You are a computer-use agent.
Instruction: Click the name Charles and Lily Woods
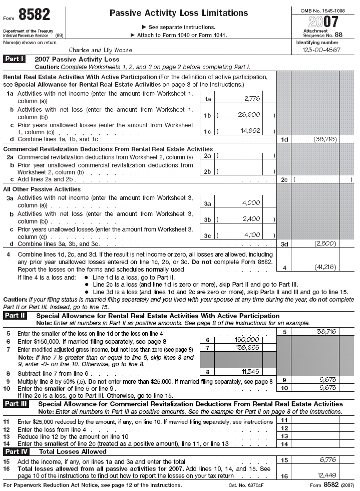(x=100, y=50)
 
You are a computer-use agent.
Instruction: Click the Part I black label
(x=15, y=59)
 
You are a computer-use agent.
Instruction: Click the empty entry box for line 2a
(x=245, y=156)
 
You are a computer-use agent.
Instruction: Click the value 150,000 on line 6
(x=247, y=340)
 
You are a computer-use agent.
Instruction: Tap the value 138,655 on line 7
(x=247, y=347)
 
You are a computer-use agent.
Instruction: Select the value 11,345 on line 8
(x=250, y=372)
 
